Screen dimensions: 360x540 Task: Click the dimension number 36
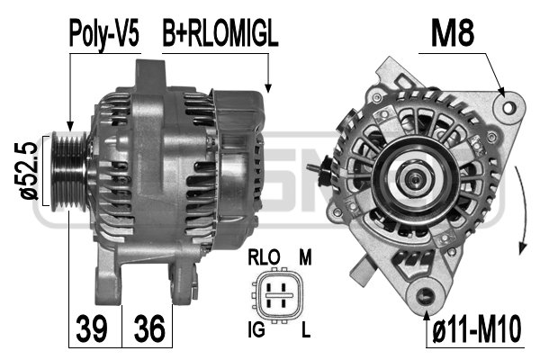pos(150,329)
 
